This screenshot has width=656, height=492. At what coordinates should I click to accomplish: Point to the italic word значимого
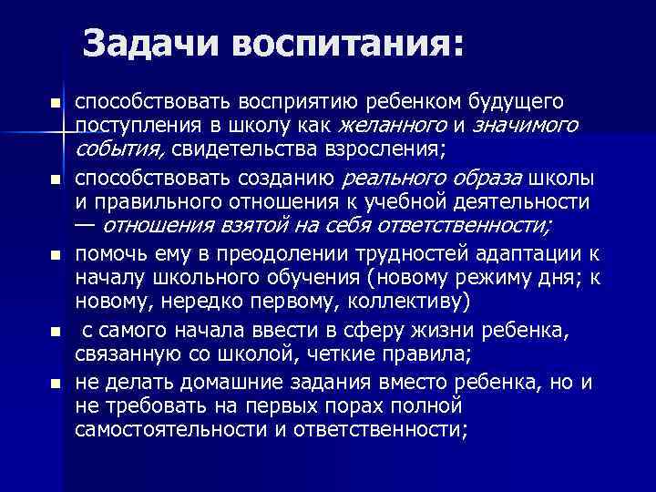coord(525,124)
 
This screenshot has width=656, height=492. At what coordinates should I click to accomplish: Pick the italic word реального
coord(387,177)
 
